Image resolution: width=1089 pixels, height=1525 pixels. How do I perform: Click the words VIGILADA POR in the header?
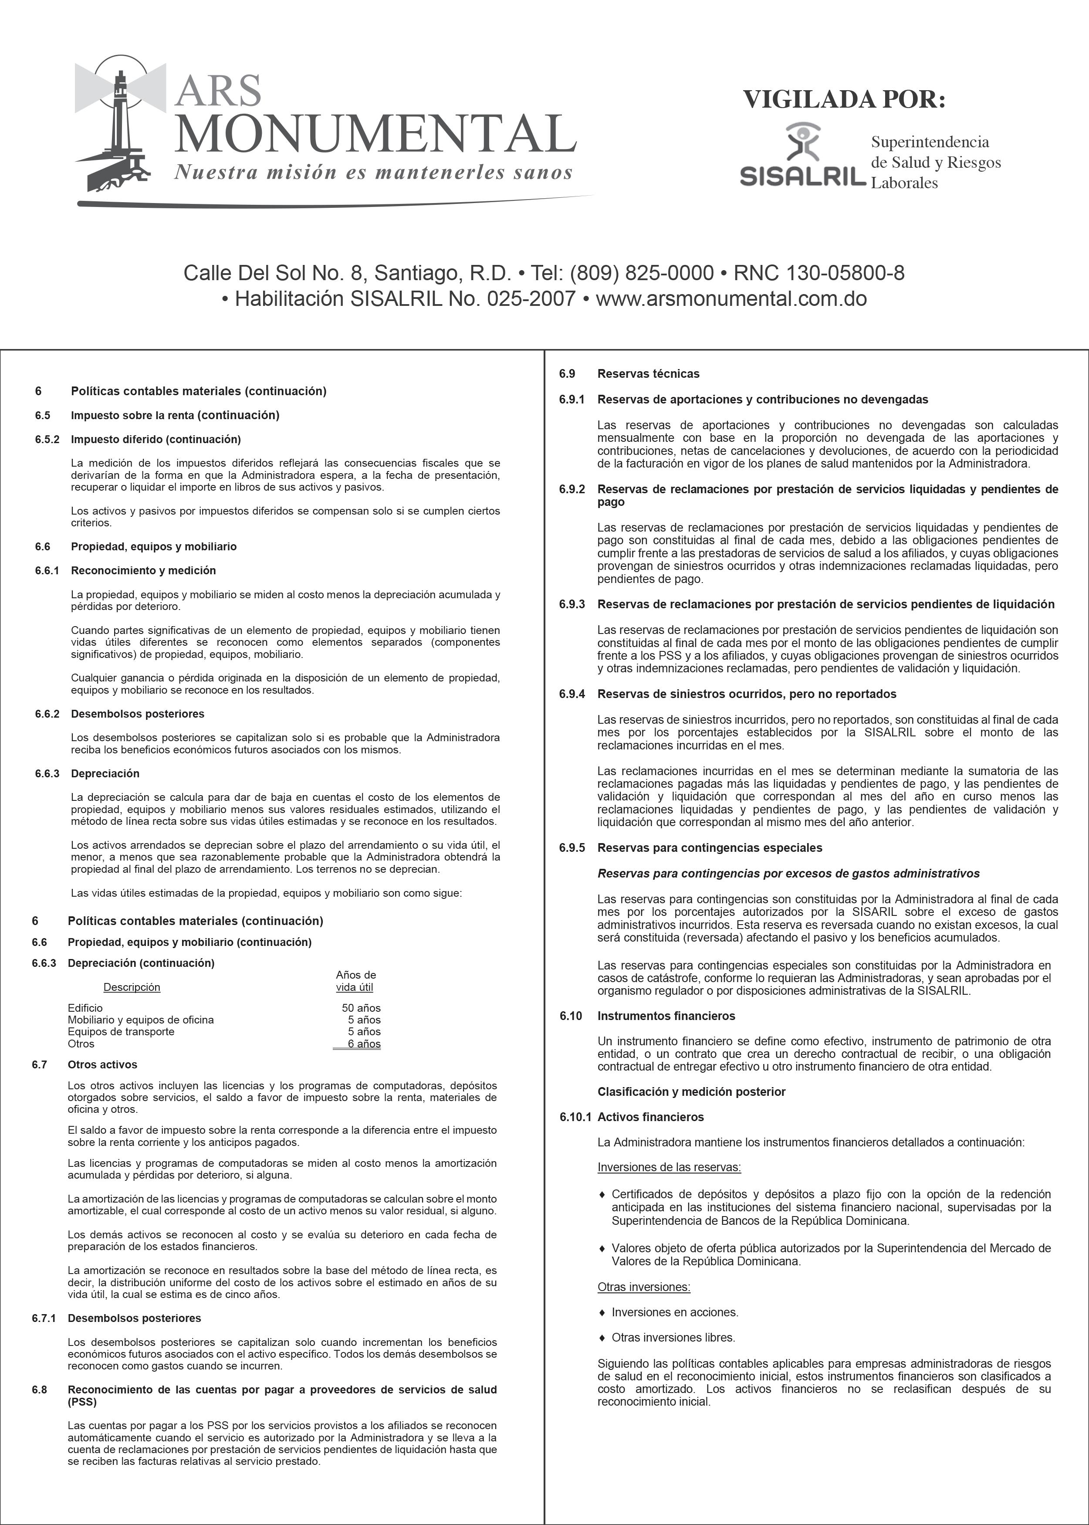pyautogui.click(x=844, y=99)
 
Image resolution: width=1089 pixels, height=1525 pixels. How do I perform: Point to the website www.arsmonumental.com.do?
pyautogui.click(x=731, y=298)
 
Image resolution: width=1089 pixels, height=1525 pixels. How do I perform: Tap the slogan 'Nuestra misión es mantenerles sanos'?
pyautogui.click(x=373, y=173)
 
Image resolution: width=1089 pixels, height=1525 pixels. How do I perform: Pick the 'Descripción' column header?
pyautogui.click(x=132, y=987)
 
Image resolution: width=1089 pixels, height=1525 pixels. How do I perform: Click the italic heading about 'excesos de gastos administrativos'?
pyautogui.click(x=788, y=873)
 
